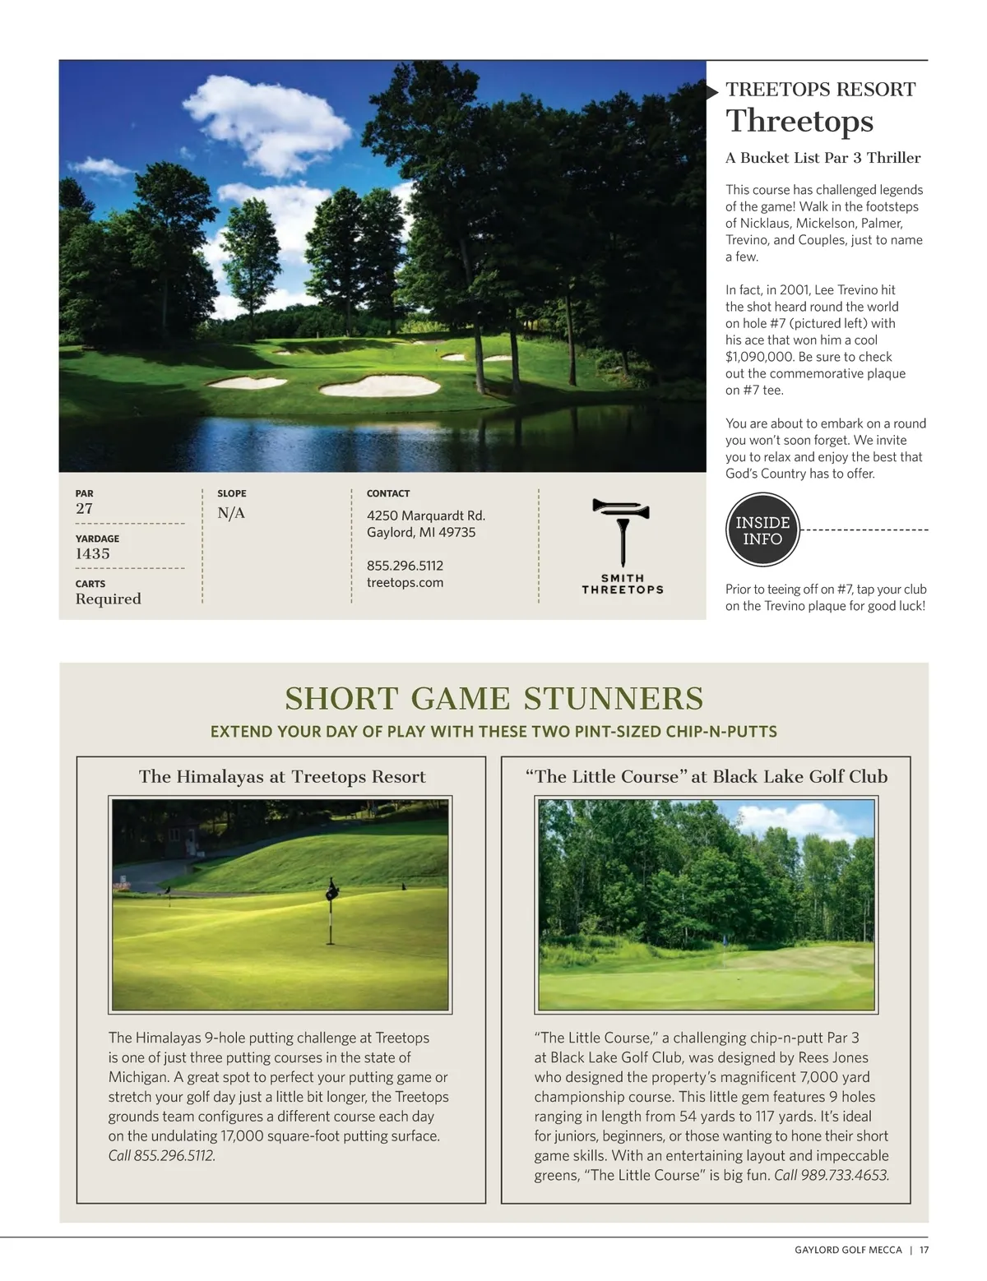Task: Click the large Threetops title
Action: [799, 121]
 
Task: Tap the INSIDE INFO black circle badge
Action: [762, 531]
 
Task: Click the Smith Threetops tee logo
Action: [622, 546]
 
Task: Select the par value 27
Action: [84, 509]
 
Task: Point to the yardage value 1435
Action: [93, 554]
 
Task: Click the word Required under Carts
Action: [109, 599]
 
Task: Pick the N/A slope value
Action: [231, 514]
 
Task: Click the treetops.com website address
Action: [405, 583]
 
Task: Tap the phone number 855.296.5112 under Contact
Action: [405, 566]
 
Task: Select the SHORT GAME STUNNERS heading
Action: [494, 699]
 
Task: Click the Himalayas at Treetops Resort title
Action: [282, 777]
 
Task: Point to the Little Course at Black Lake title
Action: [707, 777]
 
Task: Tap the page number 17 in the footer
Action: [924, 1251]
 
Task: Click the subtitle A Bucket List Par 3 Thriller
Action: [822, 158]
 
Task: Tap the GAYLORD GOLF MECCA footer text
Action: [848, 1251]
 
